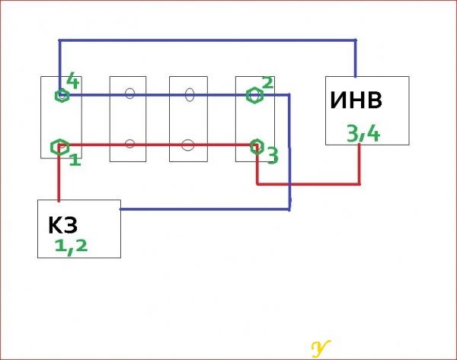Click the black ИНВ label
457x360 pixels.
[356, 100]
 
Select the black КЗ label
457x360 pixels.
[62, 225]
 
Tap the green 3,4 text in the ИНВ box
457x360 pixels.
[363, 134]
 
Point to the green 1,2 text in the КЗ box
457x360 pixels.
[71, 247]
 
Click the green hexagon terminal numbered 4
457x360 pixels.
[62, 95]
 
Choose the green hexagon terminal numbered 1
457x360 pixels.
[59, 147]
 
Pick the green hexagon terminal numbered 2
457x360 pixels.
[254, 95]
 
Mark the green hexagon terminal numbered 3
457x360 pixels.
[257, 147]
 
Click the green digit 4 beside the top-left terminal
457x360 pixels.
[73, 81]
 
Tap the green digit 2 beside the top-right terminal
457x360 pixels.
[268, 82]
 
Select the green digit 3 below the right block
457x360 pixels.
[273, 156]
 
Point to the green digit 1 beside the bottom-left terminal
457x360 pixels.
[75, 160]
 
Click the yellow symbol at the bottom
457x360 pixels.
[321, 349]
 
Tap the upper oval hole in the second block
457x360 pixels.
[130, 94]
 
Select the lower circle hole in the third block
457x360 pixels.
[187, 145]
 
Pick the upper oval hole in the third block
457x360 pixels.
[190, 95]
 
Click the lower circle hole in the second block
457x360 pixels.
[130, 144]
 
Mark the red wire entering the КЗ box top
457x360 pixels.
[59, 176]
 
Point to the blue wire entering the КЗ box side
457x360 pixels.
[205, 209]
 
